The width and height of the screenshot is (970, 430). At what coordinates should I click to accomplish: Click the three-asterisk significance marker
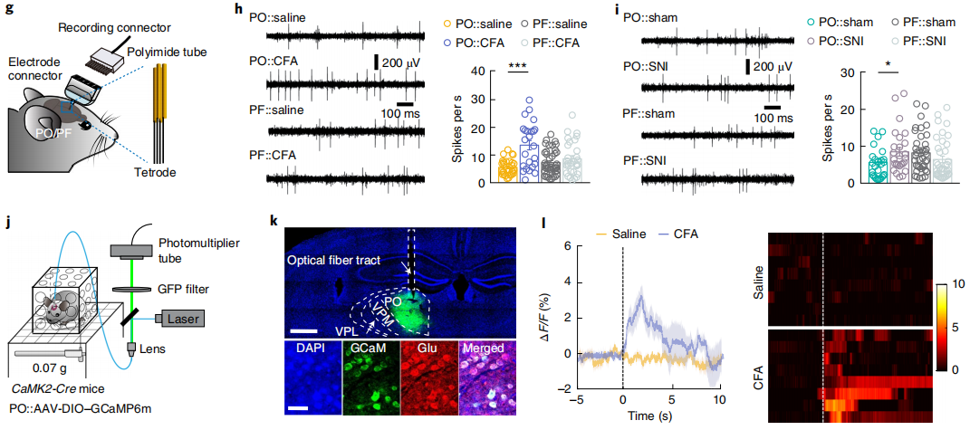[x=518, y=67]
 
